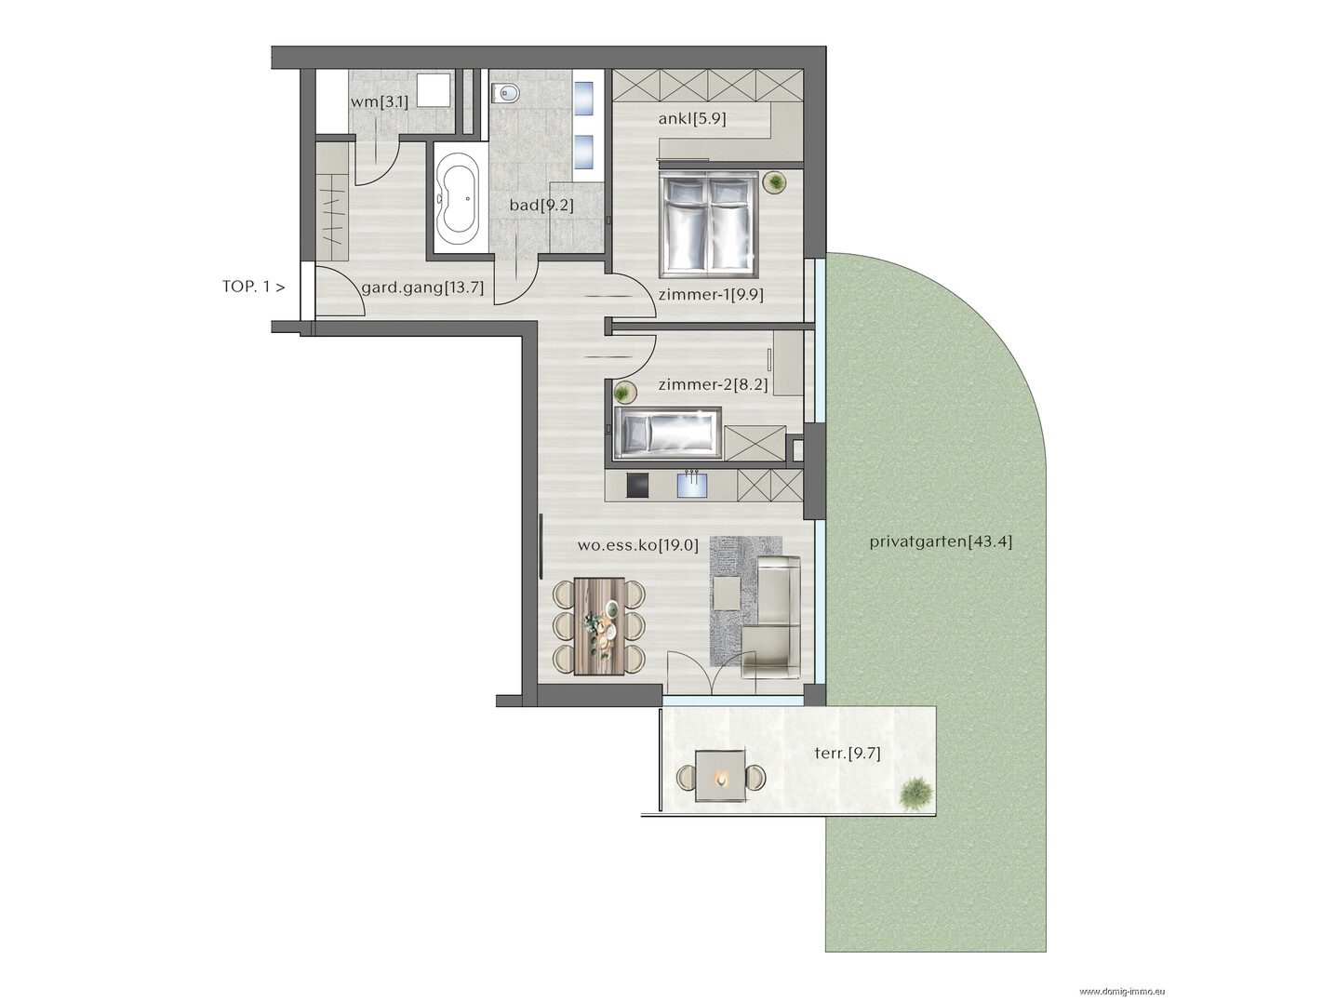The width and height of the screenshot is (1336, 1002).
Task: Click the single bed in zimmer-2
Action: point(667,433)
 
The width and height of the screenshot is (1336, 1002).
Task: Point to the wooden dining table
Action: point(599,626)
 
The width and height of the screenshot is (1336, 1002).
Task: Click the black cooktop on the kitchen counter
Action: point(637,486)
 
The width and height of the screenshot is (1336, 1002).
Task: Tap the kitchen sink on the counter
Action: point(692,486)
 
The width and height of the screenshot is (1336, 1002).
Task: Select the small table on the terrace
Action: point(721,776)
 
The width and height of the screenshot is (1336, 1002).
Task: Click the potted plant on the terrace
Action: point(915,793)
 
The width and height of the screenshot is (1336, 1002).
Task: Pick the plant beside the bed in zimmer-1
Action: point(775,182)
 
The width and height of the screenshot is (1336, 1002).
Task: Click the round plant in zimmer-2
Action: point(623,393)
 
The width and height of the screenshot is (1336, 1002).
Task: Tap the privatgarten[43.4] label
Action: point(941,541)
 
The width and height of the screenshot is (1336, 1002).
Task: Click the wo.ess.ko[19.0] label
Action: point(638,544)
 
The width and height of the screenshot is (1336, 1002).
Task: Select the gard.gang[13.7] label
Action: point(422,287)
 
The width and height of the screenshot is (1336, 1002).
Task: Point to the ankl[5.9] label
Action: point(692,118)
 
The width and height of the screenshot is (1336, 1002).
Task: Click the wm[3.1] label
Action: point(380,101)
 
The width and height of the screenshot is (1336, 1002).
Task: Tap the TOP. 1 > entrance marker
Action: point(254,287)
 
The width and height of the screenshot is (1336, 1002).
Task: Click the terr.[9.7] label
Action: point(848,754)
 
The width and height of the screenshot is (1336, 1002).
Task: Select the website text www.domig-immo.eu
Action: point(1122,992)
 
